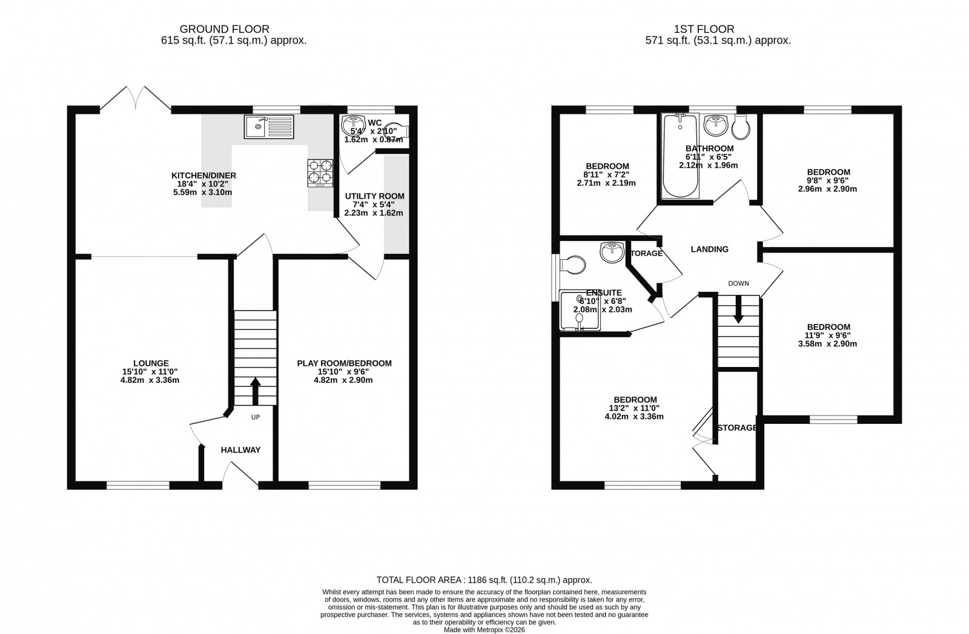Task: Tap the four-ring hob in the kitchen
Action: (320, 171)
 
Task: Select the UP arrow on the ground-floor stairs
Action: (255, 391)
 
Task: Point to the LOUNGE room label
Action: (151, 363)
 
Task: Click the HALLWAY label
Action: (240, 450)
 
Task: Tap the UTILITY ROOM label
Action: (374, 196)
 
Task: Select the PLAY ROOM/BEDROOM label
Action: (344, 363)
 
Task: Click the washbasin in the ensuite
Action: (612, 252)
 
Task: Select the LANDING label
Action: (709, 249)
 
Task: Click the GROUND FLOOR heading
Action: (224, 28)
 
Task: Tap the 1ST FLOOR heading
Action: (704, 28)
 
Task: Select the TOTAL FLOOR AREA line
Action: (484, 580)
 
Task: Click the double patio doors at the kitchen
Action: (135, 100)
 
